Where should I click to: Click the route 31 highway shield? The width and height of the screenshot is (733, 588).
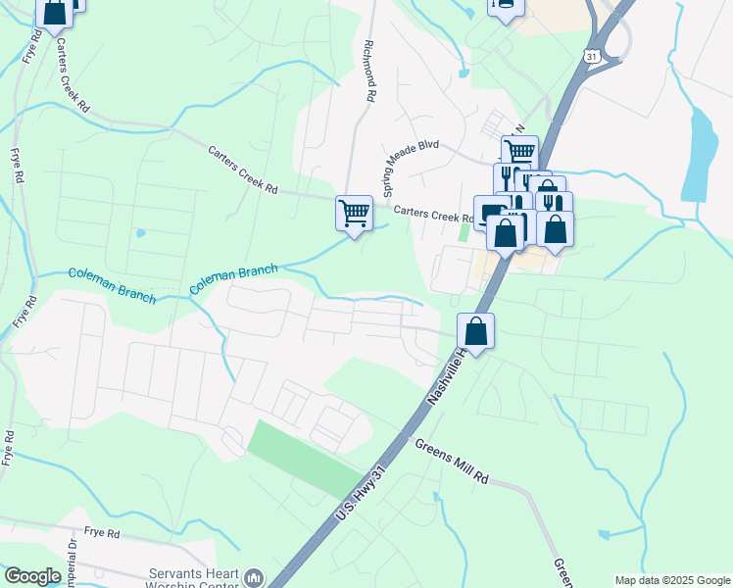593,57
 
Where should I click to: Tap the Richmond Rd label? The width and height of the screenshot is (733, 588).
369,72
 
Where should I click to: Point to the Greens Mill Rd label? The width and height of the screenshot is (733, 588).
451,461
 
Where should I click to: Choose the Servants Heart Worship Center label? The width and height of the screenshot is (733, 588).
193,579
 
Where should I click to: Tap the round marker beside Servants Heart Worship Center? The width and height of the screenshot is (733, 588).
254,578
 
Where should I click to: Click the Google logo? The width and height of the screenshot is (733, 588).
32,576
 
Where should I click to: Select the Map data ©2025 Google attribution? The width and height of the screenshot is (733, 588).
671,580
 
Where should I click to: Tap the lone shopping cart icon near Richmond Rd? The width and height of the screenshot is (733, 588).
354,212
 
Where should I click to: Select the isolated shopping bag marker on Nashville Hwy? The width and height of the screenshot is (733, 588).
475,331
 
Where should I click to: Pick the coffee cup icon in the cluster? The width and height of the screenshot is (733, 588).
490,215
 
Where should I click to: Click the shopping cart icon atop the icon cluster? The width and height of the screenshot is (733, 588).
519,152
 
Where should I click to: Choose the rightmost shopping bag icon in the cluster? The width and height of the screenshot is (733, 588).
555,229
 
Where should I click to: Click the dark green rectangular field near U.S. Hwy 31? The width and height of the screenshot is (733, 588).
304,459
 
